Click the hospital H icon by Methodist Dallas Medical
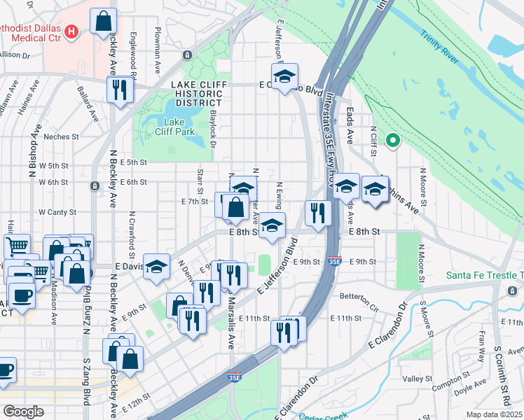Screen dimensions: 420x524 point(71,31)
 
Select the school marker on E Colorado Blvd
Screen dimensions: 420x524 point(284,76)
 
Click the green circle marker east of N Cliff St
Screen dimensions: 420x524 point(393,140)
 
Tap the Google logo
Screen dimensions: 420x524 point(22,412)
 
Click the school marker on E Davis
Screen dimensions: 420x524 point(157,266)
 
